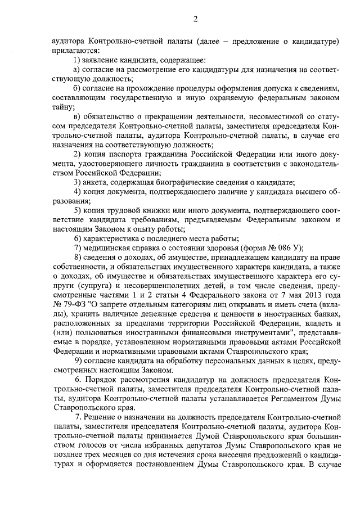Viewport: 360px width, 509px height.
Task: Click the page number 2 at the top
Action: [195, 20]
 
